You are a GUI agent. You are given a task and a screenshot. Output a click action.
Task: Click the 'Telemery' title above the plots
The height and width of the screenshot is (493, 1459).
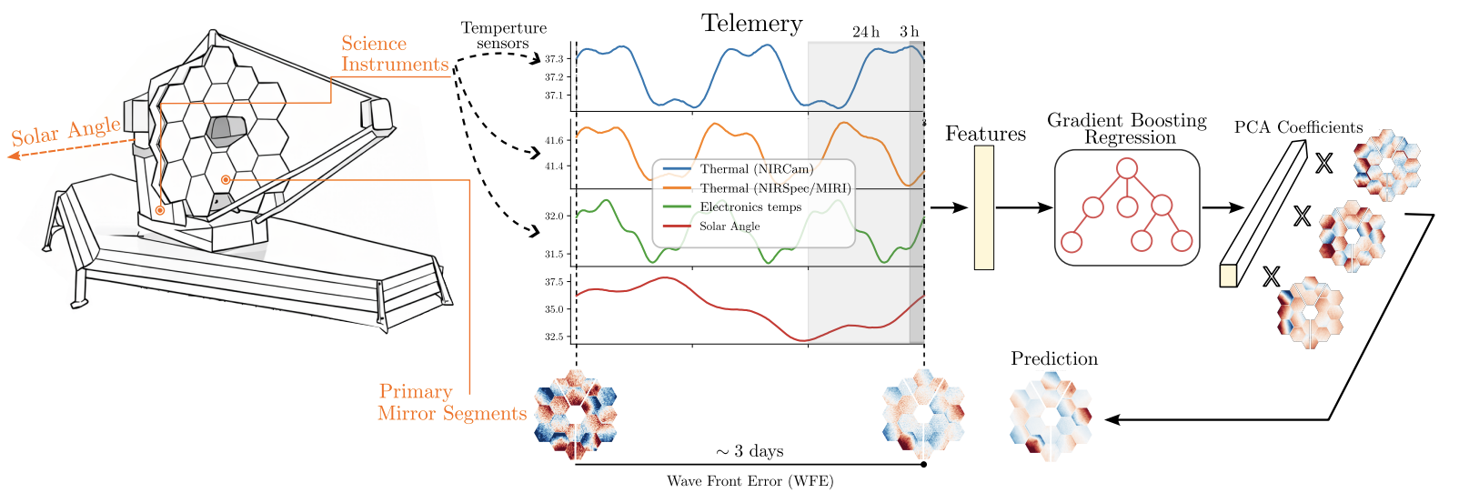click(x=751, y=24)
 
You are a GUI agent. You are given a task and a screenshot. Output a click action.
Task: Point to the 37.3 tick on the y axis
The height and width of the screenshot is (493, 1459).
click(x=554, y=59)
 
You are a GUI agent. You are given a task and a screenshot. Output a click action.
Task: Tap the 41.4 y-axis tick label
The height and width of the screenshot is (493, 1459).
click(x=554, y=166)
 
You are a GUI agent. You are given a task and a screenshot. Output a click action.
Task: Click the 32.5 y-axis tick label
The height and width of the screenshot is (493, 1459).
click(x=554, y=337)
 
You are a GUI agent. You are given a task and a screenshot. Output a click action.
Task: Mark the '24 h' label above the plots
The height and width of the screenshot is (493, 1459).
click(x=866, y=32)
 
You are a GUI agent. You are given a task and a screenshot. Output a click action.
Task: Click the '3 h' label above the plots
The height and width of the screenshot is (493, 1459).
click(x=910, y=32)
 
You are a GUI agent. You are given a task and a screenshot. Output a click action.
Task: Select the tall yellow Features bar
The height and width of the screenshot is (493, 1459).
click(x=983, y=207)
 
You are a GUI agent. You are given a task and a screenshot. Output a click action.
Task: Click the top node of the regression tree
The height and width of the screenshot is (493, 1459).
click(x=1127, y=168)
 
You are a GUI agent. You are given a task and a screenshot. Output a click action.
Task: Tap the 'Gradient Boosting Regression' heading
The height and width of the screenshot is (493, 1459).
click(x=1127, y=129)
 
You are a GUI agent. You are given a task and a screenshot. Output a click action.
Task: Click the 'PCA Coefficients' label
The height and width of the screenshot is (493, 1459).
click(x=1298, y=127)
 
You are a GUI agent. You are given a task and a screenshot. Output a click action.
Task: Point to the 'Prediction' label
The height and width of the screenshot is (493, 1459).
click(x=1054, y=359)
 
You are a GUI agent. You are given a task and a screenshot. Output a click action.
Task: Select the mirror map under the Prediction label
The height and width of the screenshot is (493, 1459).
click(x=1050, y=417)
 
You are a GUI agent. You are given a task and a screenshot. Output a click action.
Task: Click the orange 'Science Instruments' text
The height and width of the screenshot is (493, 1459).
click(x=395, y=54)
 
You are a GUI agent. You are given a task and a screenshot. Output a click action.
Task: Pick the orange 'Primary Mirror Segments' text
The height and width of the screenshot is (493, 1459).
click(x=452, y=402)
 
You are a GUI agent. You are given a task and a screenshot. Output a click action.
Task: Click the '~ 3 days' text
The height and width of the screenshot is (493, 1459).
click(x=749, y=451)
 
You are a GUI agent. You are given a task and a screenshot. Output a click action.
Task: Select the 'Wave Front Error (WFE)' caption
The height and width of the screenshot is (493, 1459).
click(x=750, y=481)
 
